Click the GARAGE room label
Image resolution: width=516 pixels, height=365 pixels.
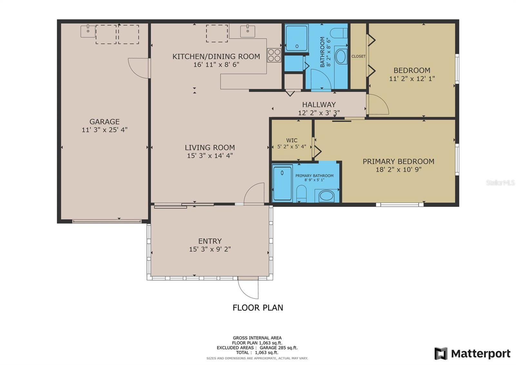coord(104,121)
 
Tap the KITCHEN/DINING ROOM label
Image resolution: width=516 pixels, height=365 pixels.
coord(216,57)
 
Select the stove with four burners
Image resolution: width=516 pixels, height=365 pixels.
coord(274,55)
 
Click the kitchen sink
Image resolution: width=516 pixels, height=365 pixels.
coord(248,31)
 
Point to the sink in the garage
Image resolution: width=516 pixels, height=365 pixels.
coord(88,31)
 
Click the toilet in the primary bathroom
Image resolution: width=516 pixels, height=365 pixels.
coord(301,193)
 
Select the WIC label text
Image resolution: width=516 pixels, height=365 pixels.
coord(292,140)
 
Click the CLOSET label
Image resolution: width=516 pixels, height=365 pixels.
coord(358,56)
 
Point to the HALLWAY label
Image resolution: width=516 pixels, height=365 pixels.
coord(319,105)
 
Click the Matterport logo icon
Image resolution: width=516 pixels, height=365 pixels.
coord(441,353)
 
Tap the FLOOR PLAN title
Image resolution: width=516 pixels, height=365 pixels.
coord(258,308)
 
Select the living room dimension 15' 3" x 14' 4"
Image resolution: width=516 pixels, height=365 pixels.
coord(210,156)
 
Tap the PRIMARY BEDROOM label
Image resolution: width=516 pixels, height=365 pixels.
coord(399,162)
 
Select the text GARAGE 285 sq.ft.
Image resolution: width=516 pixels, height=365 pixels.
coord(279,348)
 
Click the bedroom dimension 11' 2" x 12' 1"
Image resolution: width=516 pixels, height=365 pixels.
coord(412,79)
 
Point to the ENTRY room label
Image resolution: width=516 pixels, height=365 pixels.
coord(210,241)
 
